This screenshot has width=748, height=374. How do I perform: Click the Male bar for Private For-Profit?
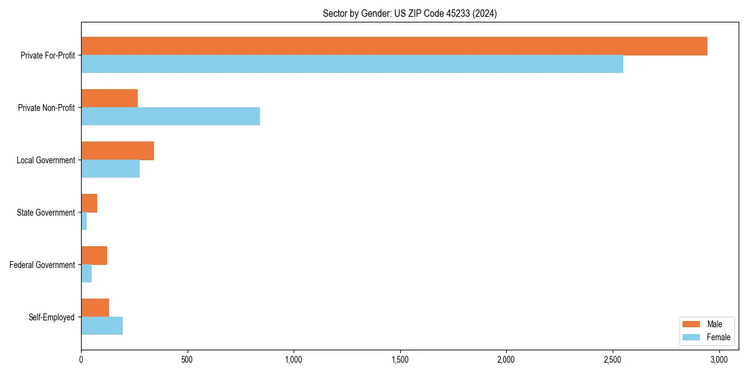pos(394,46)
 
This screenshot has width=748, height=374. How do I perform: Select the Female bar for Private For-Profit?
pos(352,64)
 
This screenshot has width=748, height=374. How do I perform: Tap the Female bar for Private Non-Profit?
pos(170,117)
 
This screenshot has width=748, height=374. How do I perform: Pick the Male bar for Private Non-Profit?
pos(109,98)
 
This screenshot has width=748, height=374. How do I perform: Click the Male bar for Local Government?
pos(117,151)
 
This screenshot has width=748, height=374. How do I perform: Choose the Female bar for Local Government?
pos(110,169)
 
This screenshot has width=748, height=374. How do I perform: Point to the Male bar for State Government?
pos(89,203)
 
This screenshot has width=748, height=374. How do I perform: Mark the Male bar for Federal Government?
pos(94,256)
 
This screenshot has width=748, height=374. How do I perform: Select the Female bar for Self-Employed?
pos(102,326)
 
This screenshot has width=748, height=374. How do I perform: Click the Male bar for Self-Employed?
pos(95,308)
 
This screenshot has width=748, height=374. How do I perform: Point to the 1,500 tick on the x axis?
pos(400,360)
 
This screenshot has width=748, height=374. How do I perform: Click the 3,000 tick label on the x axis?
pos(719,360)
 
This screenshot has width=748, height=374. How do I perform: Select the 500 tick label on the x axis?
pos(187,360)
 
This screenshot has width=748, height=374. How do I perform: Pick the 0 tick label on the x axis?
pos(81,360)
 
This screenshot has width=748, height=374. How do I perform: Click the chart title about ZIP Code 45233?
pos(410,13)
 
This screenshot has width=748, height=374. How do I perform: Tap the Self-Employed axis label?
pos(51,317)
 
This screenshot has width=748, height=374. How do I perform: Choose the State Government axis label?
pos(46,213)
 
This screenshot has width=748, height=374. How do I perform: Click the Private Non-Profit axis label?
pos(46,108)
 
